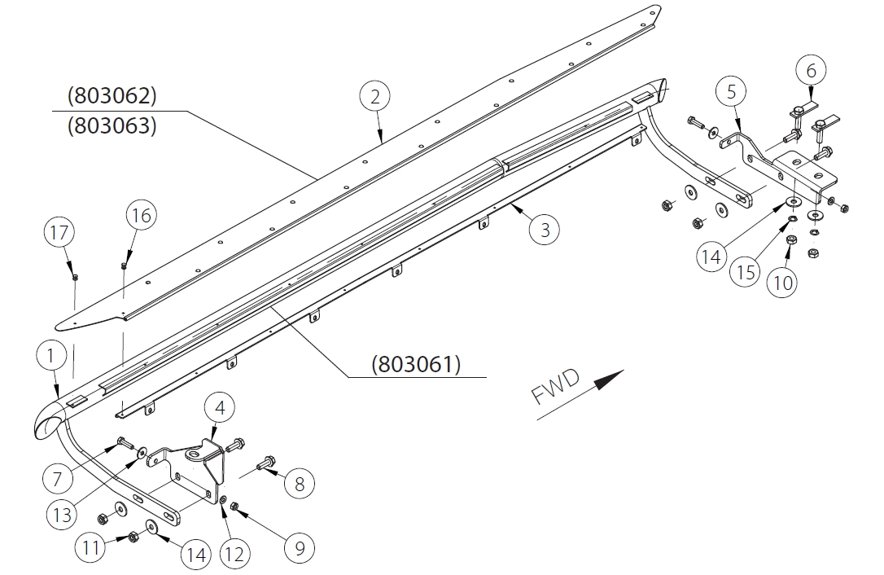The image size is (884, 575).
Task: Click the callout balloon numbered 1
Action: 50,356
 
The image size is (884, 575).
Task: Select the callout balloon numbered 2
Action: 374,97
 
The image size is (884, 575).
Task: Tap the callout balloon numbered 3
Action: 545,230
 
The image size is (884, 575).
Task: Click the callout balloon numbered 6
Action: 811,71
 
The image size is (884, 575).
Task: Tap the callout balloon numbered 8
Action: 299,484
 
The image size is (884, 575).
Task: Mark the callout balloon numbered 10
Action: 782,283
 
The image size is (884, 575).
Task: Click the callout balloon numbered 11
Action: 90,547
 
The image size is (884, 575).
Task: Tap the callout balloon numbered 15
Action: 746,270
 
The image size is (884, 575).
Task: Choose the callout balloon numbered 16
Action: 141,216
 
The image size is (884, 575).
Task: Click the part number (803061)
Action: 416,364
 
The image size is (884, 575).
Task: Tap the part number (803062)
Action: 112,96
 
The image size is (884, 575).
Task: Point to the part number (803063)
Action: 112,126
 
